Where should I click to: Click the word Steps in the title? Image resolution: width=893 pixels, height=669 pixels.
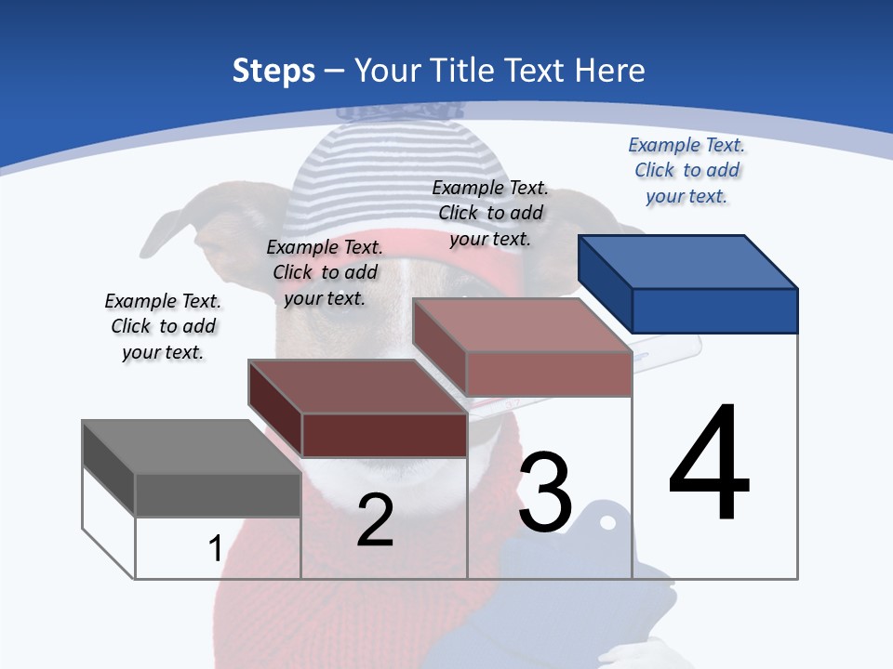(x=273, y=71)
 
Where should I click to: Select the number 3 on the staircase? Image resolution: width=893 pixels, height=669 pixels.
(x=545, y=492)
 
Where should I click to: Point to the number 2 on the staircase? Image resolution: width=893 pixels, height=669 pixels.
(x=375, y=520)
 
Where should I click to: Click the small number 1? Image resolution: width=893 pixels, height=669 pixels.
(x=215, y=548)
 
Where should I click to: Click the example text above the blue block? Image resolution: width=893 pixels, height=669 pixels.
(x=686, y=171)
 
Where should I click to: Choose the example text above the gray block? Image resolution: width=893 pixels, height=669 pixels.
(x=163, y=326)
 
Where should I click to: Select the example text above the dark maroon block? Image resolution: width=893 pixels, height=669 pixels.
(x=325, y=272)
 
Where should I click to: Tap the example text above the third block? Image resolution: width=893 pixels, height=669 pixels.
(x=490, y=213)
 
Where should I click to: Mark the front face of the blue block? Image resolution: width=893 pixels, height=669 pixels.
(x=714, y=310)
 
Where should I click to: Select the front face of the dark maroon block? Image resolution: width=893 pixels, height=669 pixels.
(x=384, y=435)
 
